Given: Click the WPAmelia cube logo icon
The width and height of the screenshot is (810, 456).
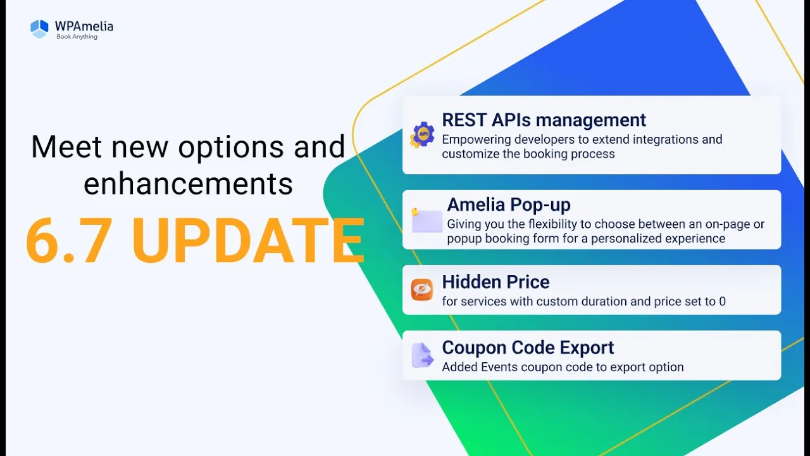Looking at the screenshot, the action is (x=39, y=29).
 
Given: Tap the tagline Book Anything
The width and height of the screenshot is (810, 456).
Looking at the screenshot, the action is (x=77, y=37).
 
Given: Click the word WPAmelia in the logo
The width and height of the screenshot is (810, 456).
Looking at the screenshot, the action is (x=84, y=26).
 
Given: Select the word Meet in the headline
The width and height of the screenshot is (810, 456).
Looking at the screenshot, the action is (x=66, y=146).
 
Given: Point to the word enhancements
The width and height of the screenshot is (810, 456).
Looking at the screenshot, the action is (x=188, y=184).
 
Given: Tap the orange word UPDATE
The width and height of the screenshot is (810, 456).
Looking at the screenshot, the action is (x=248, y=241).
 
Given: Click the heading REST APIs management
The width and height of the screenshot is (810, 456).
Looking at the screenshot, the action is (x=544, y=120).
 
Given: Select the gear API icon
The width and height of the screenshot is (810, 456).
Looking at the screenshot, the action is (x=421, y=135).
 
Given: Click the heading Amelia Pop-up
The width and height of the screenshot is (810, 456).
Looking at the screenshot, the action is (x=508, y=205).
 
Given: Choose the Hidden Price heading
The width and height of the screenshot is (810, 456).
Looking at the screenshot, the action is (x=495, y=282).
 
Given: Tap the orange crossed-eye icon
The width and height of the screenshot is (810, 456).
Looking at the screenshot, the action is (x=421, y=289).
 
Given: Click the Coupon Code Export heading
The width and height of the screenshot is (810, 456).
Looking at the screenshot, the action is (x=528, y=348).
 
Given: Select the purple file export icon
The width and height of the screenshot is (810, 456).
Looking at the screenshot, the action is (x=422, y=355).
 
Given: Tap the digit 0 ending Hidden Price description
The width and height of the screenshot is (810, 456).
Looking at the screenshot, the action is (x=722, y=301).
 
